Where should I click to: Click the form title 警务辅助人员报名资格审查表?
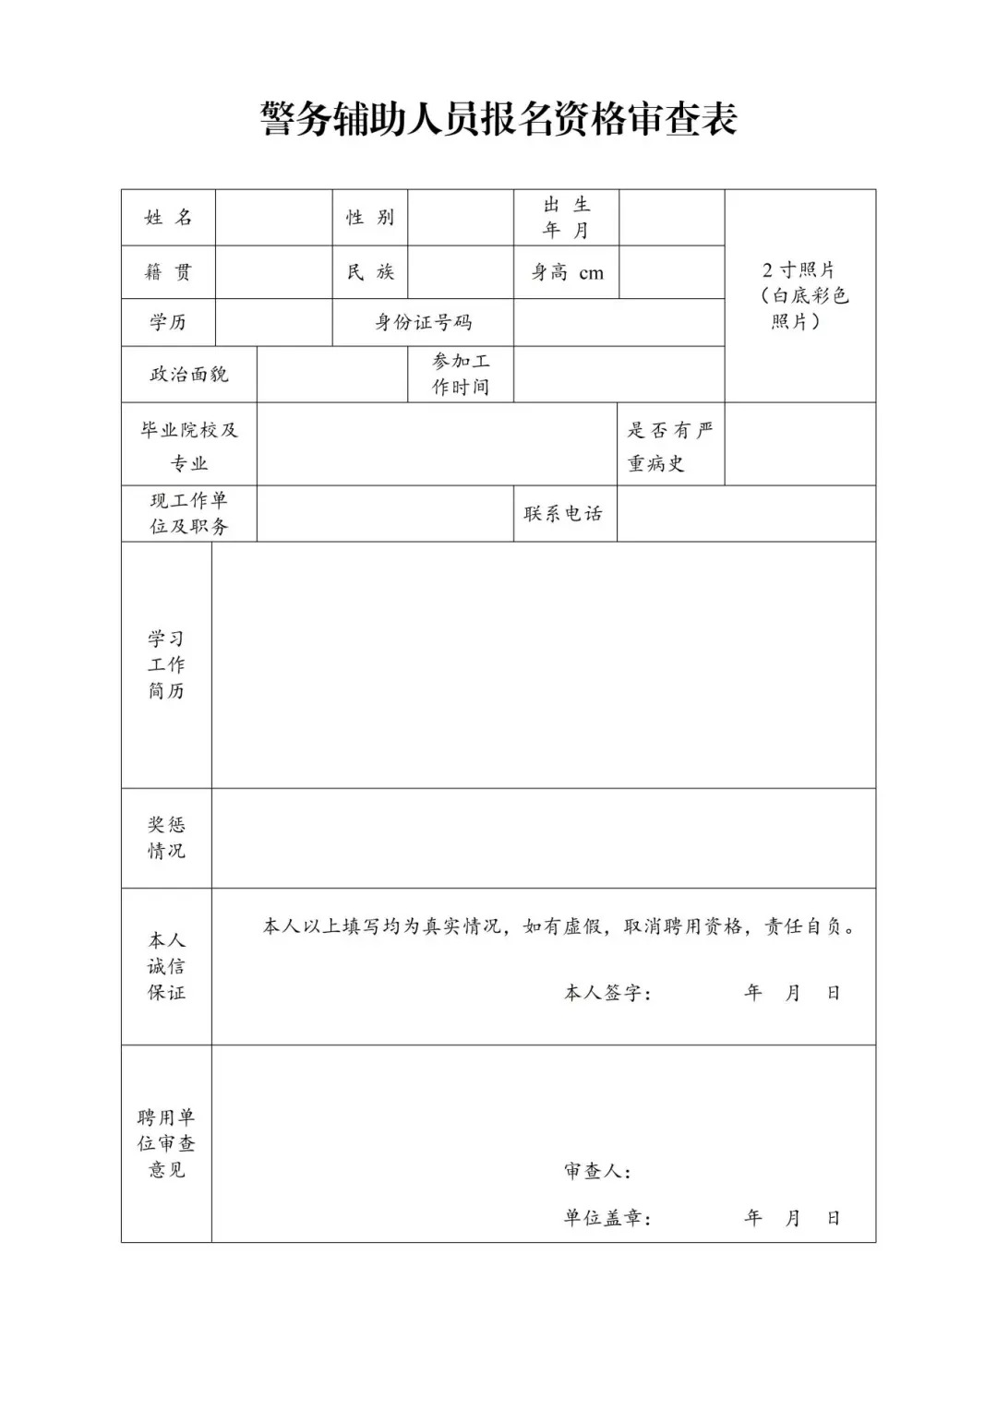498,119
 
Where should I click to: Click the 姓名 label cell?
168,218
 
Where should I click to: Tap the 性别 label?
370,218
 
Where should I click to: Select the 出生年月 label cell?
566,218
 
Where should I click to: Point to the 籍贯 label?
168,272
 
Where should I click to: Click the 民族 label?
370,272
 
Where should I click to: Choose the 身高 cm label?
566,272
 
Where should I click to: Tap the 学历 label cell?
168,322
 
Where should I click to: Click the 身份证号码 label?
423,322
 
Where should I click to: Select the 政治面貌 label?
189,375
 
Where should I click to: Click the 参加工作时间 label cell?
461,375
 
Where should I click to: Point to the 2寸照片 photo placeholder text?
799,295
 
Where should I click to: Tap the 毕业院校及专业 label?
189,446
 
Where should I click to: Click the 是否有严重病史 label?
670,446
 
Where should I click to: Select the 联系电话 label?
563,514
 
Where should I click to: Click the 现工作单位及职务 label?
189,514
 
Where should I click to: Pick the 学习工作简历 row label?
166,664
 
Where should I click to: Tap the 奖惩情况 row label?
166,838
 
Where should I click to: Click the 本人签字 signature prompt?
607,994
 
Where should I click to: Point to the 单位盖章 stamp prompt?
607,1219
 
